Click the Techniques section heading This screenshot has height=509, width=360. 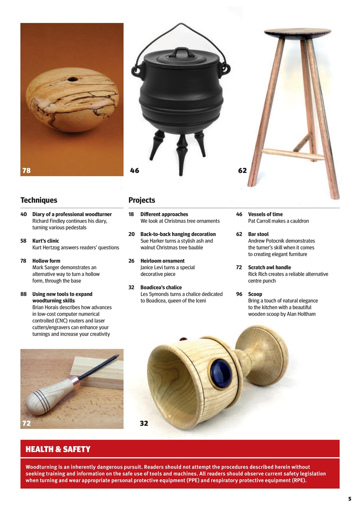[39, 200]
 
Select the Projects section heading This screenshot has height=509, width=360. [142, 200]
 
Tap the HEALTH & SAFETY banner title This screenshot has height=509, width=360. [58, 449]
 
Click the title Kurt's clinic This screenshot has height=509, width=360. [45, 241]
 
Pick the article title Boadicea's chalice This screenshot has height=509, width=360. [161, 288]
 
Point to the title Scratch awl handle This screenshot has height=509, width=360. [269, 268]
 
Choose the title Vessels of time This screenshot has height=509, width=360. [265, 214]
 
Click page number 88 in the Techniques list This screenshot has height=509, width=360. [23, 294]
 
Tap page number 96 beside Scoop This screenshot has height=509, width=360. [239, 294]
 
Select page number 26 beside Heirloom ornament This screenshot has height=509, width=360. [131, 261]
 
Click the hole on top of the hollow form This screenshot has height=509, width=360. [72, 79]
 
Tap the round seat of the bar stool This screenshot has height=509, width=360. [298, 32]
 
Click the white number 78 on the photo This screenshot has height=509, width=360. [26, 171]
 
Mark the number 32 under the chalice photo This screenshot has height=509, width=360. [144, 424]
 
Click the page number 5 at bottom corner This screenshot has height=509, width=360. [349, 499]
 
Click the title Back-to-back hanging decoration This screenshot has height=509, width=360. [178, 234]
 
